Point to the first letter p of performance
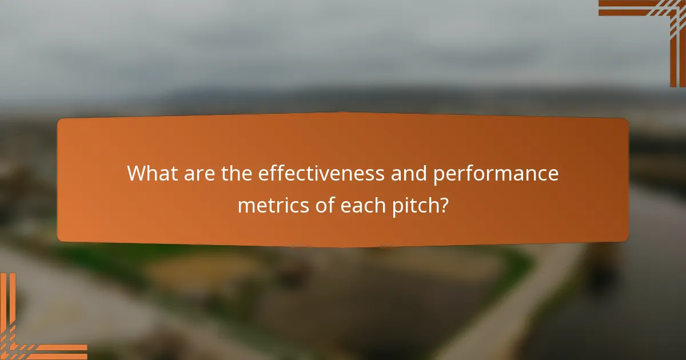(438, 175)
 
